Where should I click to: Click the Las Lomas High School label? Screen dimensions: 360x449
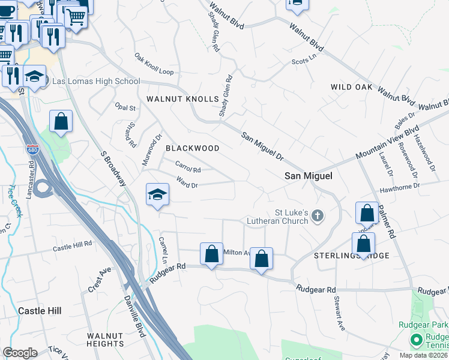[x=97, y=82]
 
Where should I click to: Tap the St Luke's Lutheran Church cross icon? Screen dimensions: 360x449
[x=318, y=215]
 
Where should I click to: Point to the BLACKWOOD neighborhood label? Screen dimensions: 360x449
[x=192, y=148]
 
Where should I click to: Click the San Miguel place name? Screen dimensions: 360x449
[x=308, y=176]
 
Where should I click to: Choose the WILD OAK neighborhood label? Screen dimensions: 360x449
[x=351, y=88]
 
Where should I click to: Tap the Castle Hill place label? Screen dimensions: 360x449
[x=40, y=311]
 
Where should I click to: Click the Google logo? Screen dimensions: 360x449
[x=20, y=353]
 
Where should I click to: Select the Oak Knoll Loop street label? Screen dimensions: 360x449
[x=154, y=65]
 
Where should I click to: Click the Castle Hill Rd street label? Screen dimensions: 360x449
[x=72, y=245]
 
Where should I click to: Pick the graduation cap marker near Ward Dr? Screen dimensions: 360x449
[x=157, y=195]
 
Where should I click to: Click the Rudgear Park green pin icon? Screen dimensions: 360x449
[x=415, y=341]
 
